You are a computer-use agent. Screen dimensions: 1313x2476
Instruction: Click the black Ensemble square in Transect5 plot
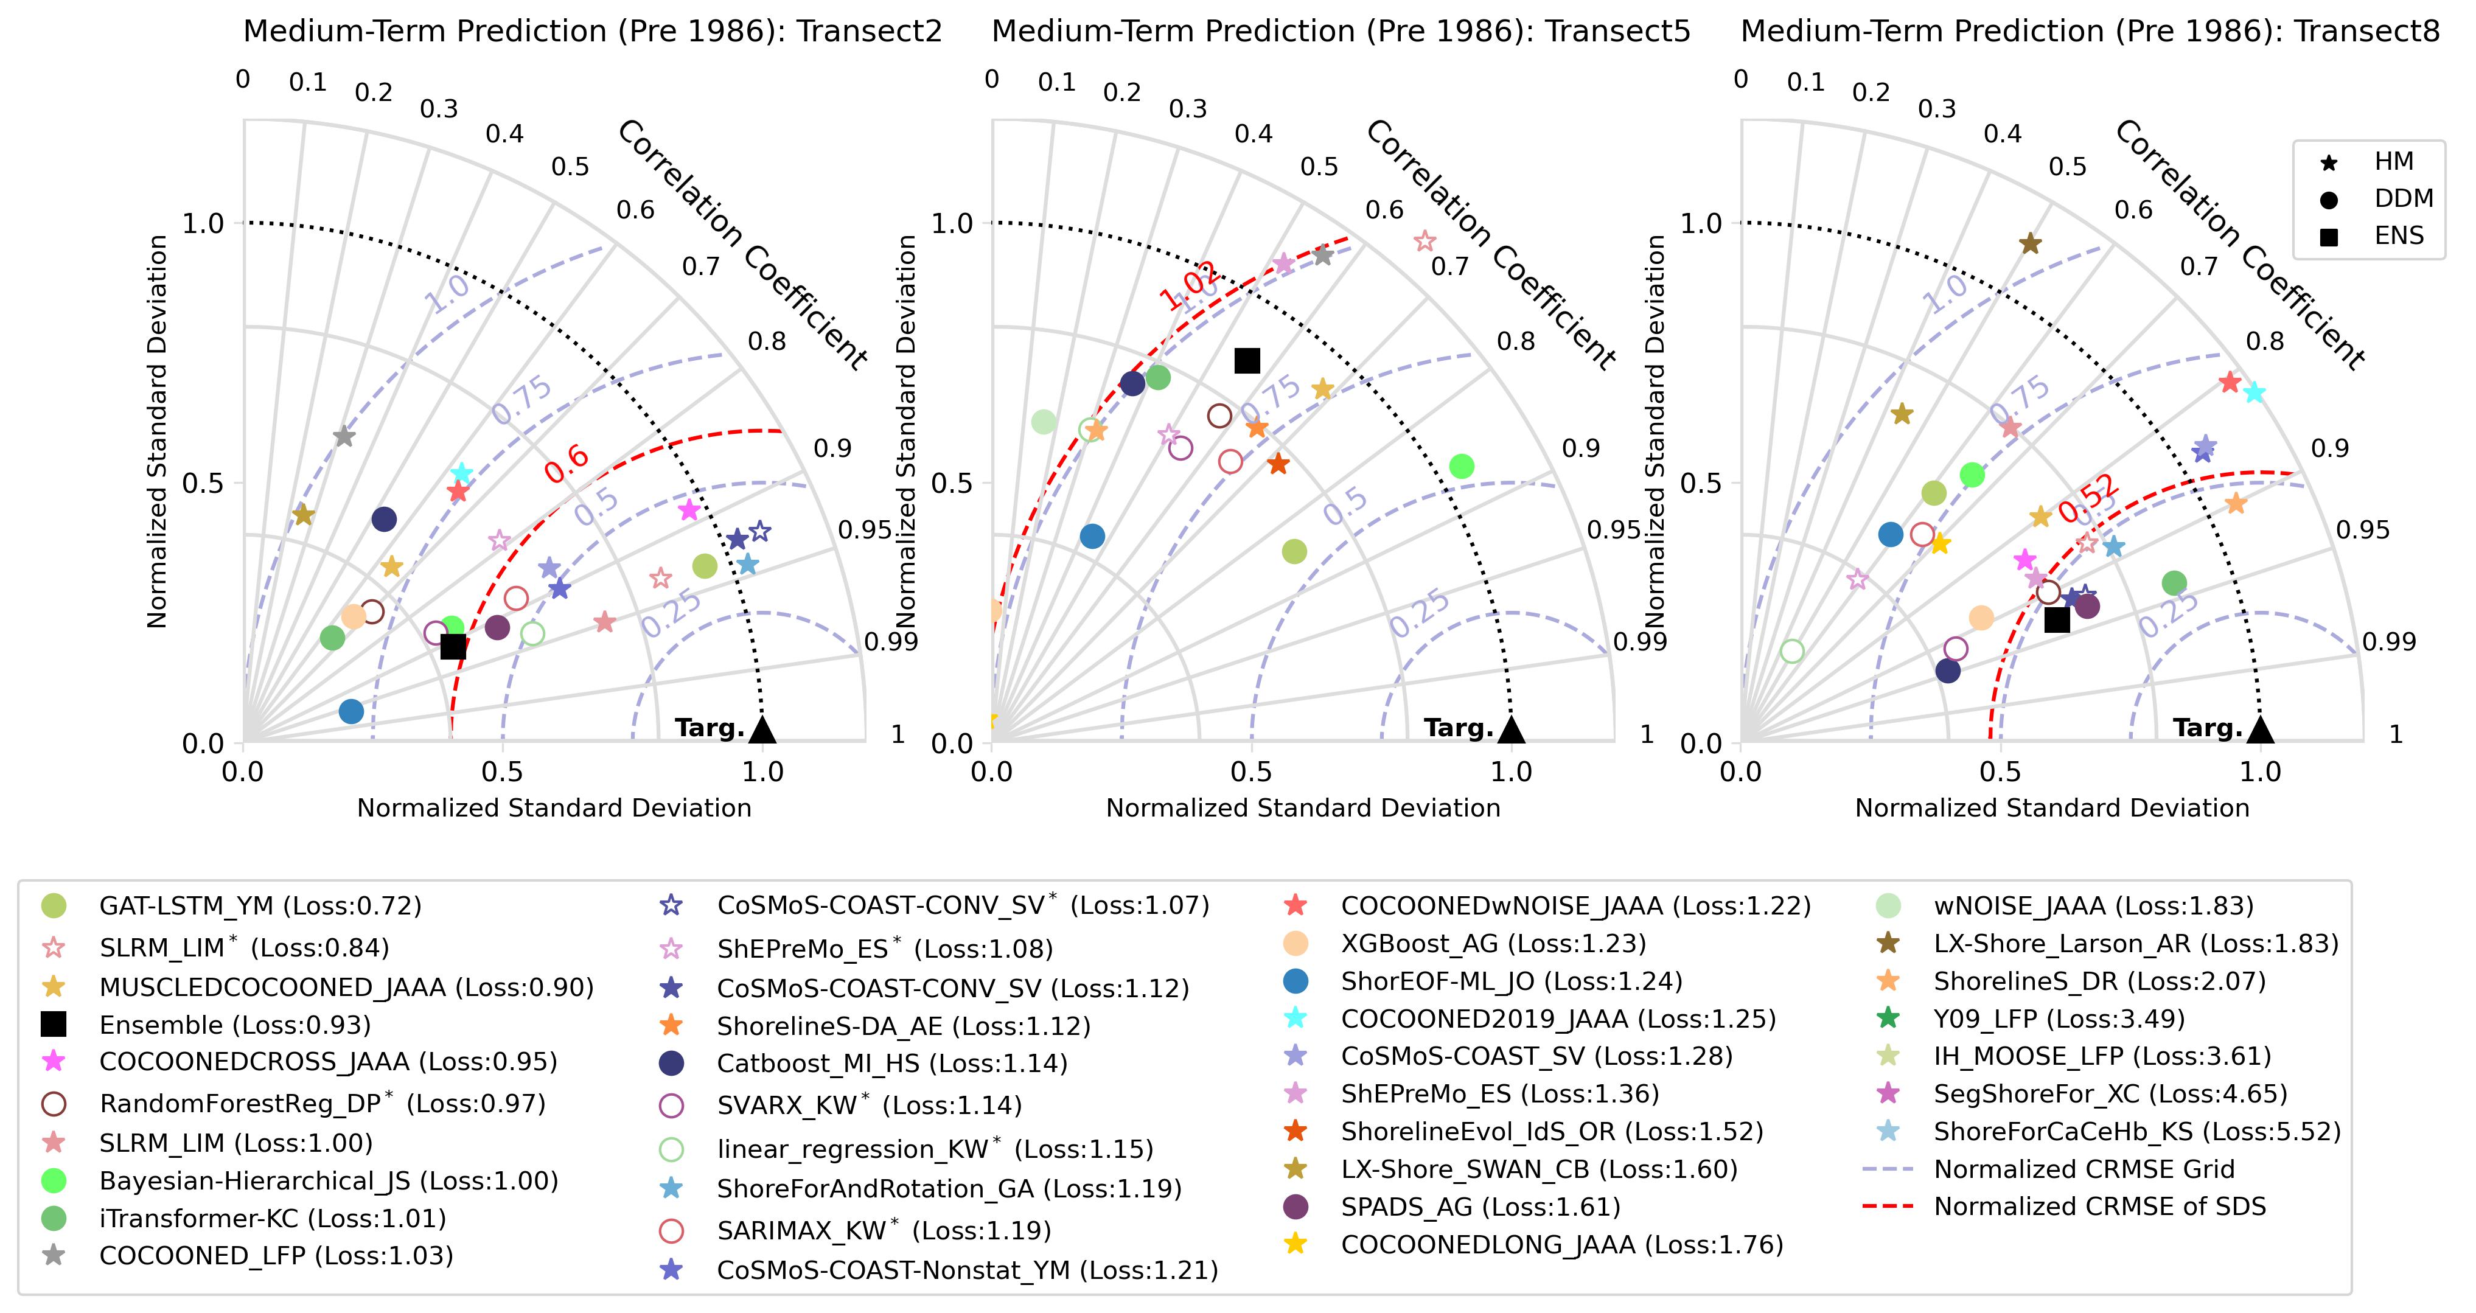click(1247, 360)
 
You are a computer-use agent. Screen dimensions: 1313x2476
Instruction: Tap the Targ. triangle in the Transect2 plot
click(762, 730)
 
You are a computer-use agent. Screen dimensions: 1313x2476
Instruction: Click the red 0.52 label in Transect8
click(2087, 498)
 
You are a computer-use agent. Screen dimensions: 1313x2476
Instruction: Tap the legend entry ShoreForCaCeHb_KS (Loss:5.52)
click(2136, 1131)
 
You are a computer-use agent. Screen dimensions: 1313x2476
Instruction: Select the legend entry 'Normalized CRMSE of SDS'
click(2099, 1207)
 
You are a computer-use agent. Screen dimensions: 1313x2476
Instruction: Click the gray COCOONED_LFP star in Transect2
click(344, 436)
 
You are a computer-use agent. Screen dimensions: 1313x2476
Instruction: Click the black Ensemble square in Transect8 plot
click(2056, 620)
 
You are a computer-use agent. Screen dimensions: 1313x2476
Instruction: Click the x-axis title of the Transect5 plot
click(1302, 807)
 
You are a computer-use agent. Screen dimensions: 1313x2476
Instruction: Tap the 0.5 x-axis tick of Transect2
click(502, 772)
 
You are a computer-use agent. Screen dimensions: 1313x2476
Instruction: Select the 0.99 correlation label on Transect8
click(2388, 641)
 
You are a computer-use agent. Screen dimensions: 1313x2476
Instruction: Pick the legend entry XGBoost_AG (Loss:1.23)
click(1493, 943)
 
